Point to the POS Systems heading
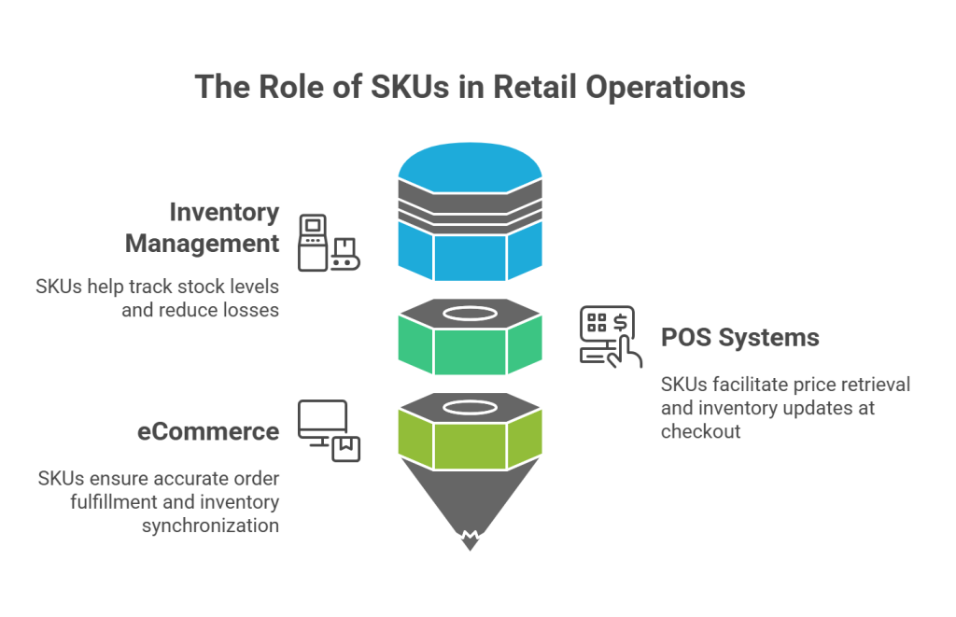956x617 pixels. pyautogui.click(x=740, y=337)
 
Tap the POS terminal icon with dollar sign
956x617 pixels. pyautogui.click(x=608, y=334)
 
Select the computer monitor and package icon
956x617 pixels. pyautogui.click(x=329, y=430)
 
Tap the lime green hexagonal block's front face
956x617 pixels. pyautogui.click(x=470, y=442)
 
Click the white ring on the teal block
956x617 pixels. pyautogui.click(x=470, y=314)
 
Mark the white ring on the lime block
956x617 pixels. pyautogui.click(x=470, y=408)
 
